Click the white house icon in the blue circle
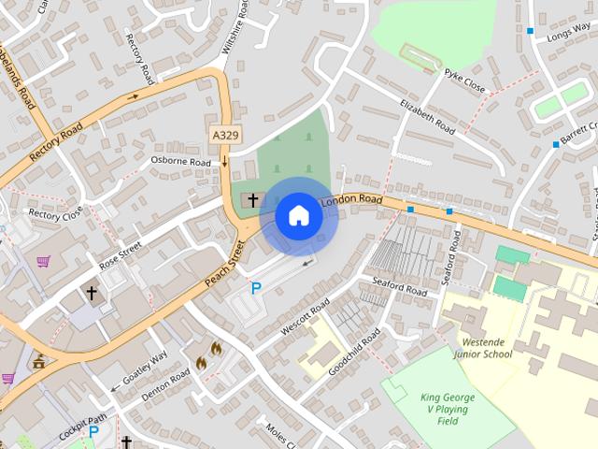298,215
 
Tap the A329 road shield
224,136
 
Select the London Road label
352,201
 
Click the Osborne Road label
181,161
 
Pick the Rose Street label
121,255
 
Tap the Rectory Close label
55,214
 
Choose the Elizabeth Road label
428,116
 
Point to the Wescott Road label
306,318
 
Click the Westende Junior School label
483,348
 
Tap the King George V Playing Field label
448,409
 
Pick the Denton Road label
165,384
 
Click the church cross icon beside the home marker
252,200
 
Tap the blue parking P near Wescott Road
255,289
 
